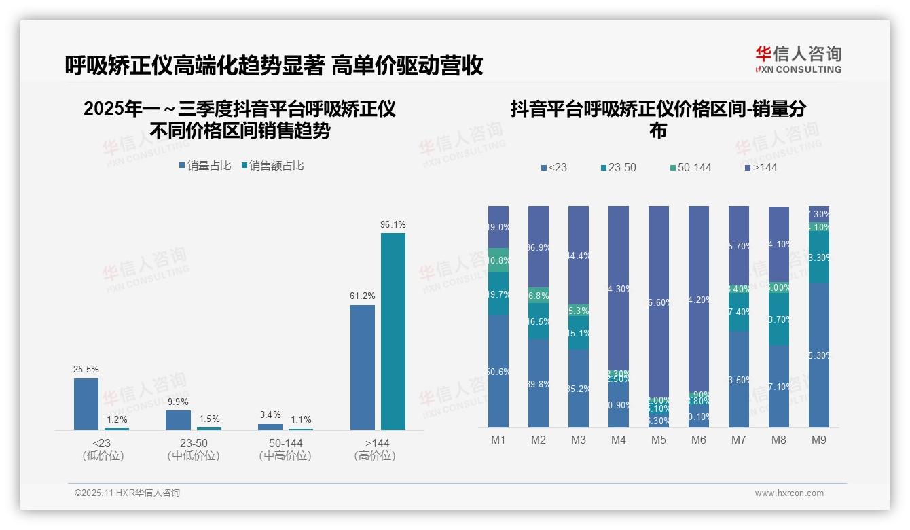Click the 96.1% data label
[393, 224]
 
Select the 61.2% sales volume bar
[363, 367]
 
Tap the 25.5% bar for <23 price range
[86, 404]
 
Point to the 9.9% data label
[178, 402]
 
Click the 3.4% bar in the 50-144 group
[270, 427]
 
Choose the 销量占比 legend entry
[205, 166]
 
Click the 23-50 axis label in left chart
[193, 443]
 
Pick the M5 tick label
[659, 440]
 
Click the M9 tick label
[819, 440]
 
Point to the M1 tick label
[498, 440]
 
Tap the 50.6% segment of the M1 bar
[498, 371]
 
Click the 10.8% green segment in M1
[498, 260]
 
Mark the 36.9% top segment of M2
[539, 246]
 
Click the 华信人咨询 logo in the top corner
[798, 59]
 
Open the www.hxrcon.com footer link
[789, 493]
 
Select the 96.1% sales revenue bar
[393, 331]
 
